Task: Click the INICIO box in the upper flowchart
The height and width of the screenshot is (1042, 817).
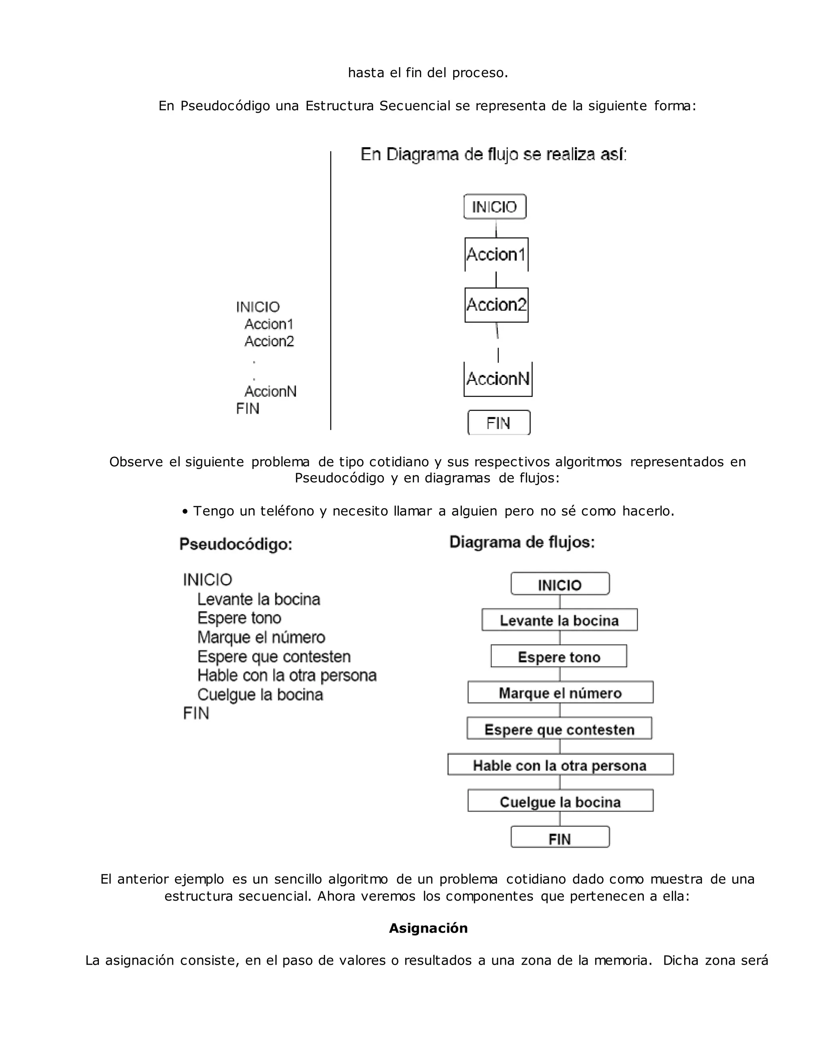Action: coord(495,207)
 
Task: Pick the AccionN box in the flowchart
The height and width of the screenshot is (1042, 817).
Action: coord(497,379)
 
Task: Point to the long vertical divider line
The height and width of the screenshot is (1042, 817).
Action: coord(331,291)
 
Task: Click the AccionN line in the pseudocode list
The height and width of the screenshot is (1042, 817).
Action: coord(270,392)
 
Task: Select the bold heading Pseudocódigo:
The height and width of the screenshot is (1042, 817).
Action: coord(236,544)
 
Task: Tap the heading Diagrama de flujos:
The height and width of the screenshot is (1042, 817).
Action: coord(522,542)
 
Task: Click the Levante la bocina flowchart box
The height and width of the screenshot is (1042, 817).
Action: coord(559,620)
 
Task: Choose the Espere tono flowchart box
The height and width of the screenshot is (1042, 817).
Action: coord(559,657)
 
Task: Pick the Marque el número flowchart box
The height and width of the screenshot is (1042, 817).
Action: coord(560,693)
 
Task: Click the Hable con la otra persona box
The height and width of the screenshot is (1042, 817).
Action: coord(560,765)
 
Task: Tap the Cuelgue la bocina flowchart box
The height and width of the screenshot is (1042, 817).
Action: coord(560,802)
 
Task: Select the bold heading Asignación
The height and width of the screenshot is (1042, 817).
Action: coord(428,928)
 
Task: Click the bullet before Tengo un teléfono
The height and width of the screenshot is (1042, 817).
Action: coord(185,512)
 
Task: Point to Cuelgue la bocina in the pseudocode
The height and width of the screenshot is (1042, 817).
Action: coord(260,695)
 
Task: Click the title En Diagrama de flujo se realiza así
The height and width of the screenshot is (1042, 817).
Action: coord(493,155)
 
